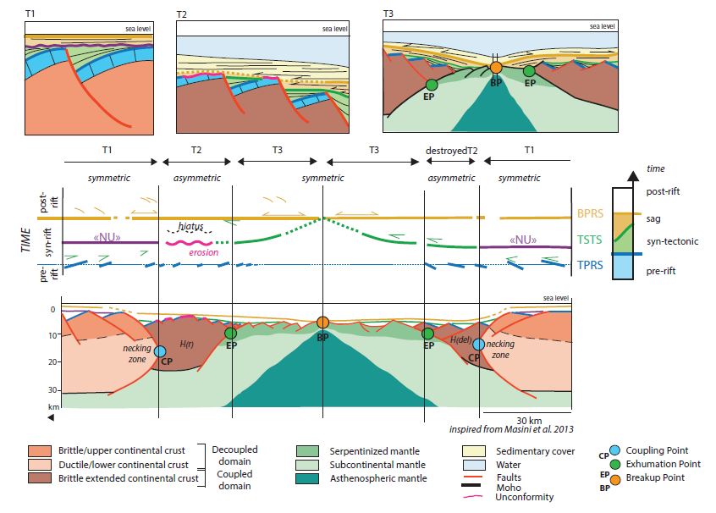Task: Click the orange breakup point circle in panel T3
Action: click(x=497, y=67)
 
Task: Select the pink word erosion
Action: click(x=206, y=251)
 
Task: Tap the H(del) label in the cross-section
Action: click(x=462, y=339)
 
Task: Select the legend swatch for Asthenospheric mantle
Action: click(x=308, y=480)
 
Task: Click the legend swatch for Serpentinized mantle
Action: click(x=308, y=451)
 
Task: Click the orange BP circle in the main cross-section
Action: click(x=322, y=323)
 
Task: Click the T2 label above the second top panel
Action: click(x=181, y=14)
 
